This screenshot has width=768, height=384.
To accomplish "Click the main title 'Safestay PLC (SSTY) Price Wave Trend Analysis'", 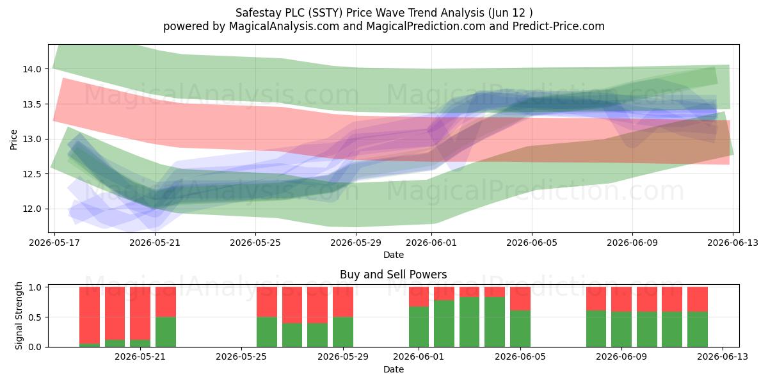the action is click(360, 13).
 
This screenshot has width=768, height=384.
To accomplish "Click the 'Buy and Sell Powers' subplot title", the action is click(393, 275).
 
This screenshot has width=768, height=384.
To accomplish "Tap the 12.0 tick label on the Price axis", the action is click(32, 209).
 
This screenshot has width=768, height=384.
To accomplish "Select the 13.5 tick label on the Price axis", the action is click(32, 104).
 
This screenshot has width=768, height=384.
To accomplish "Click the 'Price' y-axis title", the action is click(13, 140).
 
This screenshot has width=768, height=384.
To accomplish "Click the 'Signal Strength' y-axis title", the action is click(19, 316).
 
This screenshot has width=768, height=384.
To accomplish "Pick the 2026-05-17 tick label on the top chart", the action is click(54, 243).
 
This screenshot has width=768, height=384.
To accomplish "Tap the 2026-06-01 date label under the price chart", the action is click(431, 243).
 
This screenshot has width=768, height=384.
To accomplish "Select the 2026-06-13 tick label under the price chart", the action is click(733, 243).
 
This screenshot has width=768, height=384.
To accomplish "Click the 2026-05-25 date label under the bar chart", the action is click(241, 356).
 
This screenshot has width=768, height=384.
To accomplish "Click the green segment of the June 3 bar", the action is click(469, 322).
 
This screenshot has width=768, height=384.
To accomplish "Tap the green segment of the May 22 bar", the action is click(166, 332).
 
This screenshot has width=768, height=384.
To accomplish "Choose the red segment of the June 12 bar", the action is click(698, 300).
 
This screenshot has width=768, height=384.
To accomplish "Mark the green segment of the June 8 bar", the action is click(596, 329).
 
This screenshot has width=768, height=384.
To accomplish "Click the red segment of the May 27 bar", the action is click(292, 305).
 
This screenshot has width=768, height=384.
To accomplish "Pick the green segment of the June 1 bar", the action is click(419, 327).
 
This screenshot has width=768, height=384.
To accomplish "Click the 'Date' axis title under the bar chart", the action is click(393, 369).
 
